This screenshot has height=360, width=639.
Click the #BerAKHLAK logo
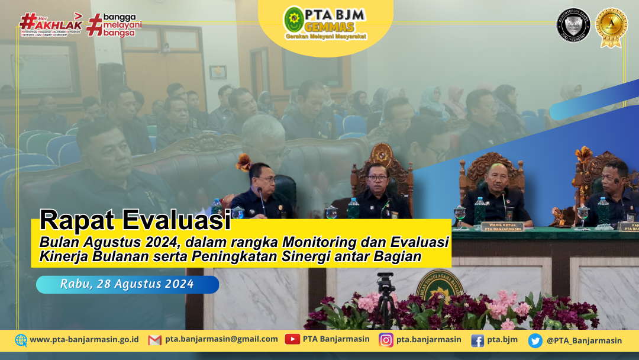(50, 23)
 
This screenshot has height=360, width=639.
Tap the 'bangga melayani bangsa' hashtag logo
(114, 24)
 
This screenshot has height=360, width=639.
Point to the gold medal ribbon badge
(611, 27)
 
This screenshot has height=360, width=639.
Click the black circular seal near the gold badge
(573, 25)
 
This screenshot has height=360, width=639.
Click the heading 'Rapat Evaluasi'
(135, 221)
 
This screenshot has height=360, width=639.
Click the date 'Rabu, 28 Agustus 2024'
(127, 284)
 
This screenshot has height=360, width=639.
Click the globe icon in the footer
(21, 340)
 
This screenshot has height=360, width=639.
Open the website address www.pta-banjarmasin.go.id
(84, 340)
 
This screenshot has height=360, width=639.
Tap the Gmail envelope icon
(154, 340)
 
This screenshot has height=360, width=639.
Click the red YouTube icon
(292, 339)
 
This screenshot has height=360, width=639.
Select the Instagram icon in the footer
(386, 340)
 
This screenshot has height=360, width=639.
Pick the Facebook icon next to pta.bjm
(477, 340)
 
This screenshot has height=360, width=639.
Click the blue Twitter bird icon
(535, 340)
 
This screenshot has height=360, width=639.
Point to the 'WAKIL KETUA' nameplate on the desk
(502, 226)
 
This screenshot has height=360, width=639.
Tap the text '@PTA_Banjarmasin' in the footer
(584, 340)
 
